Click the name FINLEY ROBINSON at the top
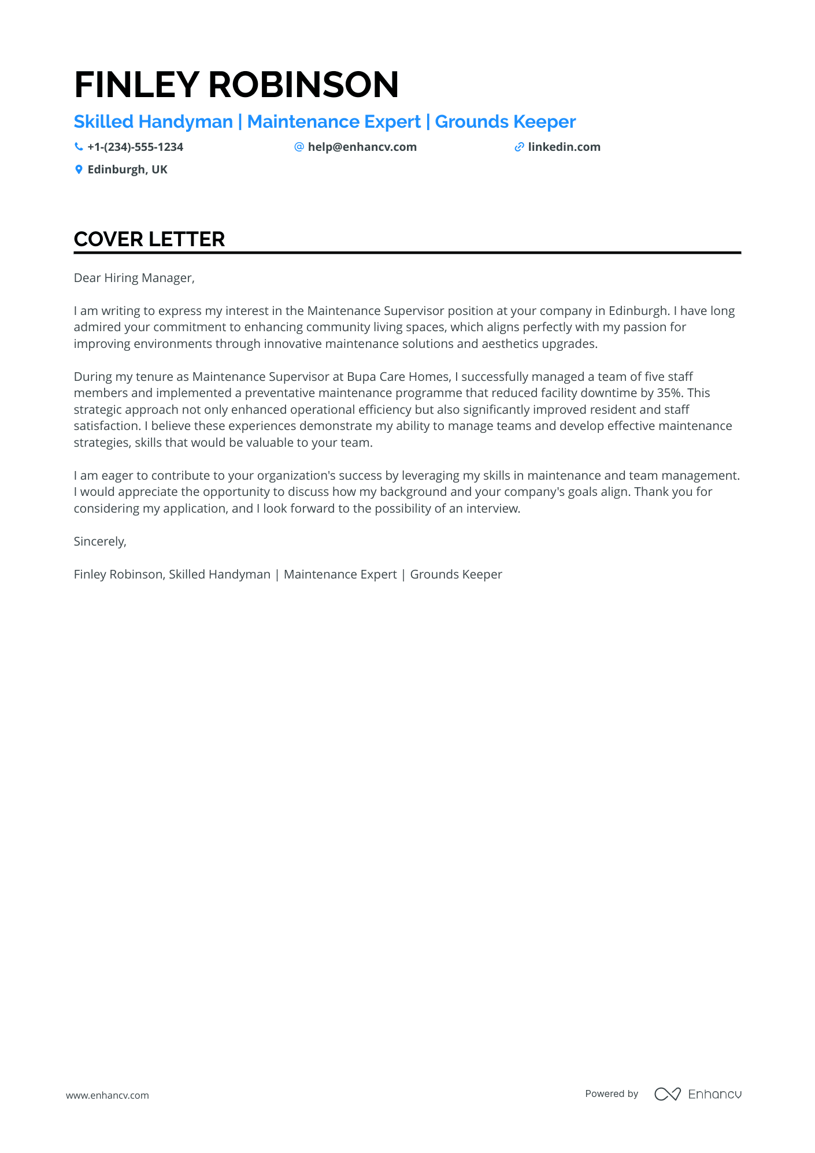coord(236,84)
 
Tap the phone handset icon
coord(79,147)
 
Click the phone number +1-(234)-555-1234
coord(135,147)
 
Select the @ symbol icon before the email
coord(299,147)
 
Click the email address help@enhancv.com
coord(362,147)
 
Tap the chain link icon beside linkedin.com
coord(519,147)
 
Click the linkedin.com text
coord(564,147)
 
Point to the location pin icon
coord(79,169)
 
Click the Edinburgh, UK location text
coord(127,169)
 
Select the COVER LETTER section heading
coord(149,239)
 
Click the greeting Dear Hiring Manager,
coord(134,278)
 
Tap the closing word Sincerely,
coord(100,542)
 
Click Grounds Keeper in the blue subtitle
coord(505,122)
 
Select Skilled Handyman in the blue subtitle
coord(153,122)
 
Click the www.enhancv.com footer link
coord(108,1095)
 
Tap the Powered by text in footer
coord(612,1093)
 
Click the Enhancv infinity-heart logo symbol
coord(668,1094)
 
